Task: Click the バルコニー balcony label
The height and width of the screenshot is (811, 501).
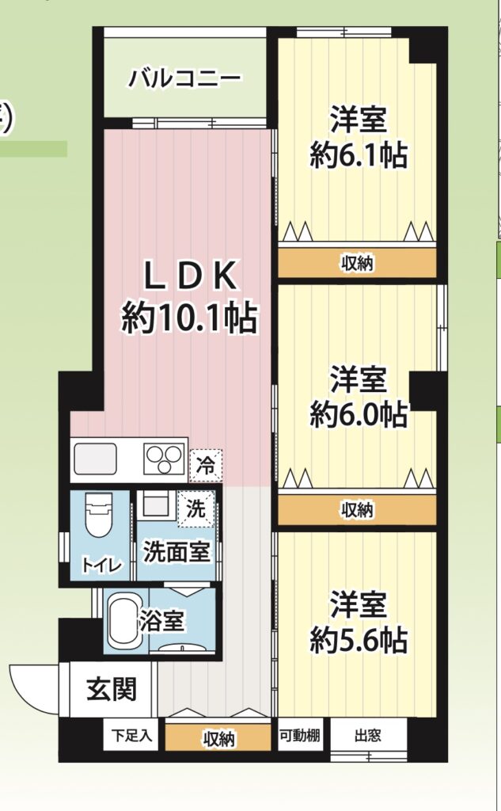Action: point(184,78)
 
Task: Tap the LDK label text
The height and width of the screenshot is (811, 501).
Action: point(190,276)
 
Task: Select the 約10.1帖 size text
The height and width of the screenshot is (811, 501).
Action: point(189,317)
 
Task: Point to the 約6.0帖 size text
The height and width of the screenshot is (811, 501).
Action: point(359,413)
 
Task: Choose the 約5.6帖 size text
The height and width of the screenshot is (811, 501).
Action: point(359,640)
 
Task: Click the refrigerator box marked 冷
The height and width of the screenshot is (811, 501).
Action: point(206,466)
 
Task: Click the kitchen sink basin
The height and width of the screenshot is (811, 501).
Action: point(95,459)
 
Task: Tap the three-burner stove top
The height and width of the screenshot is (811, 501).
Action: point(165,459)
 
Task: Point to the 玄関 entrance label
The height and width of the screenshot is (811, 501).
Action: point(111,689)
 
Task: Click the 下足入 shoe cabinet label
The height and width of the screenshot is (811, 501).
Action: point(132,734)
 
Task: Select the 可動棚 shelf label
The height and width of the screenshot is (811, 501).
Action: point(299,734)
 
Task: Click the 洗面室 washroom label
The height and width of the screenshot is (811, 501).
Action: point(176,552)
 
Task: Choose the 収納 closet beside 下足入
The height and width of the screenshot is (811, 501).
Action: point(218,737)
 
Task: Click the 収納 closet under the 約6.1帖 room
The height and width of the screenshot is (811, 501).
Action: point(357,263)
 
